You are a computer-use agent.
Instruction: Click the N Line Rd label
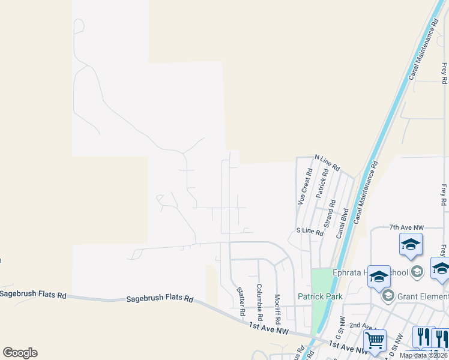click(327, 162)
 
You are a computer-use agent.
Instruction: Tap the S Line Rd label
click(310, 231)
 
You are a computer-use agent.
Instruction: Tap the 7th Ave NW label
click(406, 228)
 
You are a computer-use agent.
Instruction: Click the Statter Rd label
click(241, 300)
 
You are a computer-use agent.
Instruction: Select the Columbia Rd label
click(259, 301)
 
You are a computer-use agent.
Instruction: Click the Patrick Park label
click(321, 296)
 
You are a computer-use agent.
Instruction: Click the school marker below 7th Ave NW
click(411, 244)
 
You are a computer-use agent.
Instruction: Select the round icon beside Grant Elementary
click(388, 295)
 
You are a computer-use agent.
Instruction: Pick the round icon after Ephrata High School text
click(419, 272)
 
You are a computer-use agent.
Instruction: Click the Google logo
click(20, 353)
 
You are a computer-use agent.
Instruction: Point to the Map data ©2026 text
click(423, 355)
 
